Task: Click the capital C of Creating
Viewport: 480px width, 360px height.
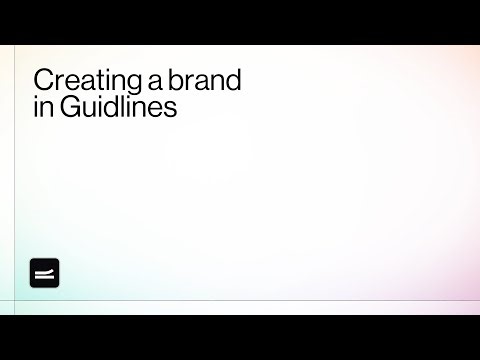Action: (x=41, y=81)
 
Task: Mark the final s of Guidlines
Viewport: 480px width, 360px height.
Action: (x=172, y=108)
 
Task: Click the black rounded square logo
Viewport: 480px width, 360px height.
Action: (x=45, y=273)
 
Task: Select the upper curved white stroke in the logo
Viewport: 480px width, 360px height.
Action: (x=45, y=270)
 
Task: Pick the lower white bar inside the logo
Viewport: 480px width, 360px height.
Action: (x=45, y=277)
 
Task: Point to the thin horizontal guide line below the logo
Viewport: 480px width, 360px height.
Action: (x=240, y=300)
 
